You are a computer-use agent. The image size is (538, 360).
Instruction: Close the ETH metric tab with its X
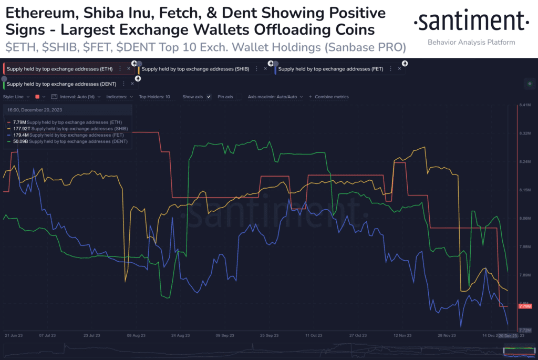point(129,69)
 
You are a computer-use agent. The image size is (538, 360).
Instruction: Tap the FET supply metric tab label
point(330,69)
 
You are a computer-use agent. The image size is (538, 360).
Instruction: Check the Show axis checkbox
point(209,97)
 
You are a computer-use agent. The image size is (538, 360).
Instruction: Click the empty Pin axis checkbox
point(240,97)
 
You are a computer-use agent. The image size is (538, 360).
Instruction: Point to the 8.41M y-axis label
point(524,106)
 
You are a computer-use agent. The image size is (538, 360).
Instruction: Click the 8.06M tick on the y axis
point(524,219)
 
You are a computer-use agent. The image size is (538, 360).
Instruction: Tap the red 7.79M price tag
point(524,306)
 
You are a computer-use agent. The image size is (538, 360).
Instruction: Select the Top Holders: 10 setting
point(154,97)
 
